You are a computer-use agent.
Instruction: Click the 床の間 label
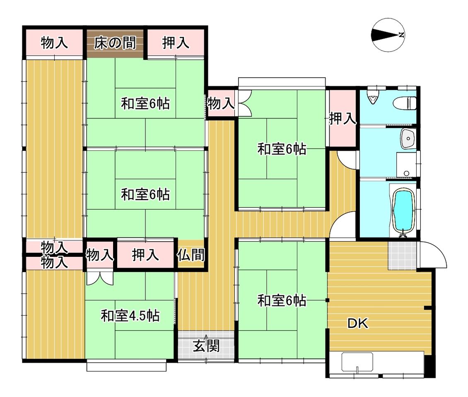tap(115, 43)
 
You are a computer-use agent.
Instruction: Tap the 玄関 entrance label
tap(206, 346)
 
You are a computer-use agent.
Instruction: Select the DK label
tap(358, 323)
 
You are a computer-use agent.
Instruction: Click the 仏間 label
tap(191, 255)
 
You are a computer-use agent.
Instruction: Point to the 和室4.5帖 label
tap(130, 316)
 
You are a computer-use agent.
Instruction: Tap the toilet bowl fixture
tap(404, 103)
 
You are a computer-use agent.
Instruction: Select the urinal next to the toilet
tap(372, 97)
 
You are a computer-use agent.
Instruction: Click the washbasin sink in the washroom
tap(408, 139)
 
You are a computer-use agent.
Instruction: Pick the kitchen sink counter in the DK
tap(357, 362)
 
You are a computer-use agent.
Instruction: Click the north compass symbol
tap(388, 35)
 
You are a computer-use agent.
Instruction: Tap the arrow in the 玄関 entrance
tap(206, 337)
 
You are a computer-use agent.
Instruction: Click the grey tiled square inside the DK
tap(402, 256)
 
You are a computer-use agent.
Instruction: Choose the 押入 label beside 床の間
tap(176, 43)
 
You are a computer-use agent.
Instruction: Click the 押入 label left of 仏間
tap(145, 255)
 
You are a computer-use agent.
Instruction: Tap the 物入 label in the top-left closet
tap(54, 43)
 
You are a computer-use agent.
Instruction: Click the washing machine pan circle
tap(406, 173)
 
